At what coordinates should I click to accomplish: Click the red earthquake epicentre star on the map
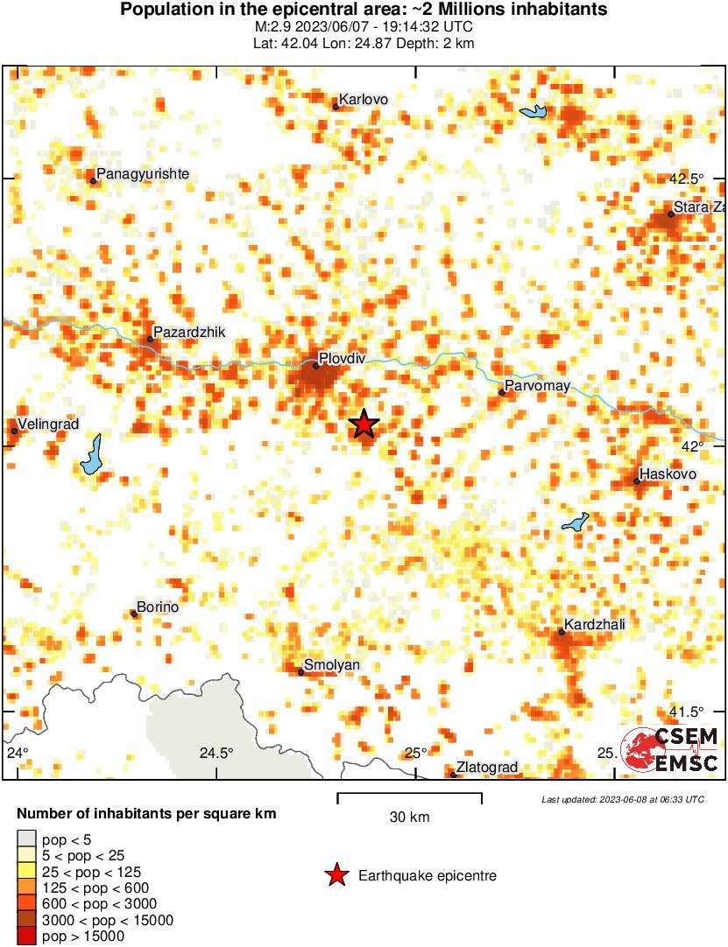click(x=364, y=424)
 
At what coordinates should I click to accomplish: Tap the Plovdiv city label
click(x=343, y=357)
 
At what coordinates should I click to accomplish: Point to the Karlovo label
click(x=363, y=100)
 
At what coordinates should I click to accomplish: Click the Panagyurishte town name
click(x=143, y=174)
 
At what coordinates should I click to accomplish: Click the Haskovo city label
click(x=668, y=474)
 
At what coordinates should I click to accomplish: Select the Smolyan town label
click(x=331, y=665)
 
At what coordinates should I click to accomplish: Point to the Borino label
click(x=159, y=607)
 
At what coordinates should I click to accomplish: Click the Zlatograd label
click(x=487, y=768)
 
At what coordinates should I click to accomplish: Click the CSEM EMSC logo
click(x=670, y=750)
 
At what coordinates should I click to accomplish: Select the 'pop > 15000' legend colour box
click(x=26, y=936)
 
